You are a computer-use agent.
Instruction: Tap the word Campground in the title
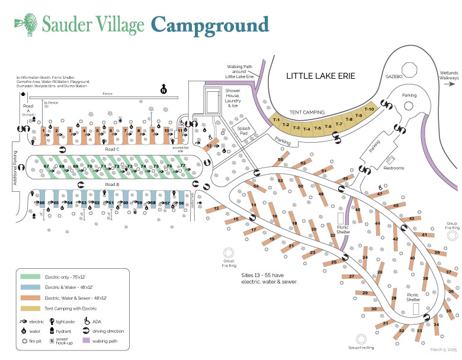[x=210, y=25]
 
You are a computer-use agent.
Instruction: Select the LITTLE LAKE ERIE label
[x=320, y=76]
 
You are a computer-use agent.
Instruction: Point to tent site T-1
[x=276, y=120]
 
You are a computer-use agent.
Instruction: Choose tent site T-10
[x=369, y=110]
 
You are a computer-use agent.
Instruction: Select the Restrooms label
[x=394, y=168]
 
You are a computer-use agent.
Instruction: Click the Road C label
[x=113, y=150]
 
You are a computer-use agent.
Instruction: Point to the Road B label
[x=113, y=184]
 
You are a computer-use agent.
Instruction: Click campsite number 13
[x=217, y=209]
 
